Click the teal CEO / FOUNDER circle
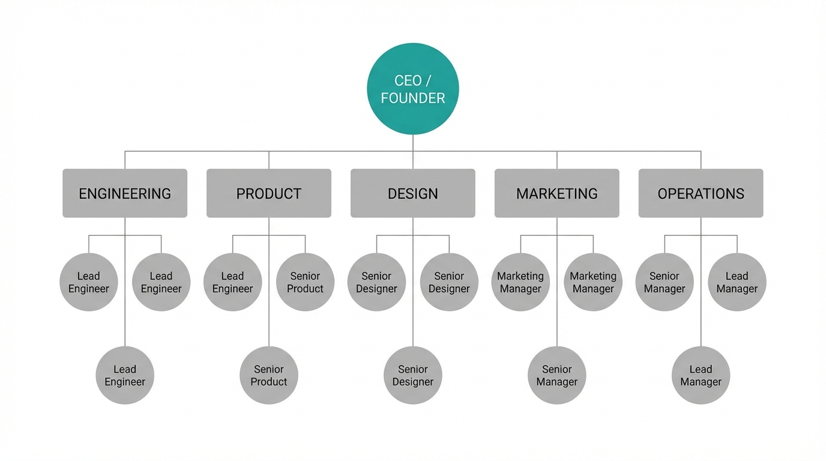coord(413,89)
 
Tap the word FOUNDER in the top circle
coord(413,98)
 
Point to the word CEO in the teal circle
coord(408,80)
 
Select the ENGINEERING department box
coord(125,193)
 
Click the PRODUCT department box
coord(269,193)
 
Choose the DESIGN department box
coord(413,193)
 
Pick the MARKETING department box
coord(557,193)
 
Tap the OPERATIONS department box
coord(701,193)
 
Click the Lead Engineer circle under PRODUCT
coord(233,282)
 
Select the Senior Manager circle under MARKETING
coord(557,375)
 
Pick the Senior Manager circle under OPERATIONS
coord(665,282)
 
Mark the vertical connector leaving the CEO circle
coord(413,143)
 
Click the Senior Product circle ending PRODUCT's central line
coord(269,375)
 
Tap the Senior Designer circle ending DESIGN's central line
coord(413,375)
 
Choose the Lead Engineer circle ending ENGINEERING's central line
coord(125,375)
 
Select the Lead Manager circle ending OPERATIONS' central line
coord(701,375)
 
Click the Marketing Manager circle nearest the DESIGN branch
coord(520,282)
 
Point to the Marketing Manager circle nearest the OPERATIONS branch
coord(593,282)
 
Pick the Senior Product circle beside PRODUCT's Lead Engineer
coord(305,282)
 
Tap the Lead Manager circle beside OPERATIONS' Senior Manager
coord(737,282)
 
